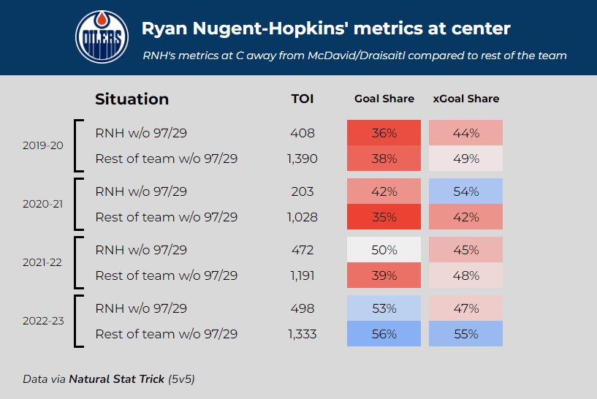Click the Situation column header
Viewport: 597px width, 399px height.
point(132,99)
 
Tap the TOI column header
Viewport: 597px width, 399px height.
point(302,99)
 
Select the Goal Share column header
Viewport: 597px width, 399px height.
point(384,99)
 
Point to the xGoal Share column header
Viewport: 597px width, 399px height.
point(465,99)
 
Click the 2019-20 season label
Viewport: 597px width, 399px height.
point(42,145)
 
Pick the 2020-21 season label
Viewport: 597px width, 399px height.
point(42,204)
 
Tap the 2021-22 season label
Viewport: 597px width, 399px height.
point(42,262)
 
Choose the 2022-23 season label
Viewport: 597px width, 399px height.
point(42,321)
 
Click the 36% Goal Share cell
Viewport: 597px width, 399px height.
point(384,133)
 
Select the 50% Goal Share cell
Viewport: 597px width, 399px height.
point(384,250)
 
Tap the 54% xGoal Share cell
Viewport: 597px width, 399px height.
point(465,191)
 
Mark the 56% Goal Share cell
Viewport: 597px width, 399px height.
point(384,334)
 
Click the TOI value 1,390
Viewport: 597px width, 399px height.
point(302,159)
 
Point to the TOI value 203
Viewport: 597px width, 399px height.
point(302,191)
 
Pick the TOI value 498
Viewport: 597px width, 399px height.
point(302,308)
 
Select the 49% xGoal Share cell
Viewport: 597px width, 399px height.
point(465,159)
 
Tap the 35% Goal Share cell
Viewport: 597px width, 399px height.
point(384,217)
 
